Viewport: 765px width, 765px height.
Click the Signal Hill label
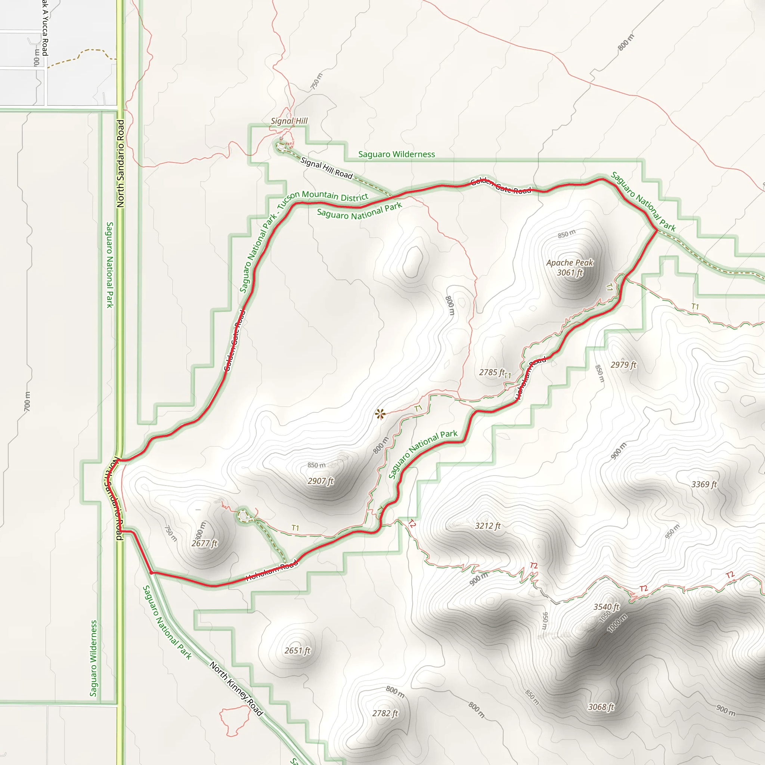click(x=289, y=121)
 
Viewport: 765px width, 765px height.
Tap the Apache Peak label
click(x=569, y=263)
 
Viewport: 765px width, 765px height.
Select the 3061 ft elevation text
click(x=570, y=273)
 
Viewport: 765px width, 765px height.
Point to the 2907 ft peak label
click(x=320, y=481)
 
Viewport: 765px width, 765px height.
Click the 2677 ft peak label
click(x=204, y=543)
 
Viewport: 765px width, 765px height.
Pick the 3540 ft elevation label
click(x=606, y=607)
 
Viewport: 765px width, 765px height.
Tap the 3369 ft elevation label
click(x=704, y=484)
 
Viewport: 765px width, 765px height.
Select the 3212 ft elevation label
click(x=487, y=526)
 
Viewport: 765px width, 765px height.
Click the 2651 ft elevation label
click(x=297, y=651)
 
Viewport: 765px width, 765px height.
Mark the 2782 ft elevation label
click(x=385, y=713)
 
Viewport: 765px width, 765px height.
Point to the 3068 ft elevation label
click(x=601, y=707)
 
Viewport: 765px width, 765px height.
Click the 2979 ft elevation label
click(x=623, y=365)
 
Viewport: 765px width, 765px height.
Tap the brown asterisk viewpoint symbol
click(x=380, y=414)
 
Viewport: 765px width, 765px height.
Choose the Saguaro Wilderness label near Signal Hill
click(x=396, y=154)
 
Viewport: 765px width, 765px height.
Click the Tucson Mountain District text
click(x=335, y=196)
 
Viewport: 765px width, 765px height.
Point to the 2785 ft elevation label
click(x=492, y=372)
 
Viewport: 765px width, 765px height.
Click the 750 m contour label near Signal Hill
click(x=316, y=81)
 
